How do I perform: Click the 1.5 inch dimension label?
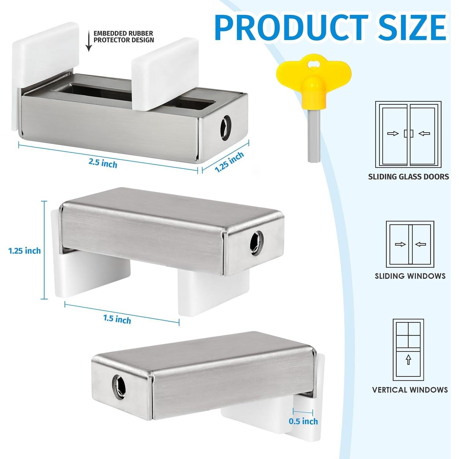[117, 319]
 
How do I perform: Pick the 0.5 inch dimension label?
[303, 421]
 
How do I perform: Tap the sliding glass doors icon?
[408, 134]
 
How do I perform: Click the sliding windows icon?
[410, 244]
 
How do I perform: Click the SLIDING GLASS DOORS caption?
[409, 177]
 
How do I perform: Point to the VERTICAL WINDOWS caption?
[410, 390]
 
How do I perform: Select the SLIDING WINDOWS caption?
[410, 276]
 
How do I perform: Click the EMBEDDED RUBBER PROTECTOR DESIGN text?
[124, 37]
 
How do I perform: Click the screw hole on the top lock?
[226, 124]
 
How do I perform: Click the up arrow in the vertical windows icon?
[408, 360]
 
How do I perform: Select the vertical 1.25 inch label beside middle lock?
[24, 251]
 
